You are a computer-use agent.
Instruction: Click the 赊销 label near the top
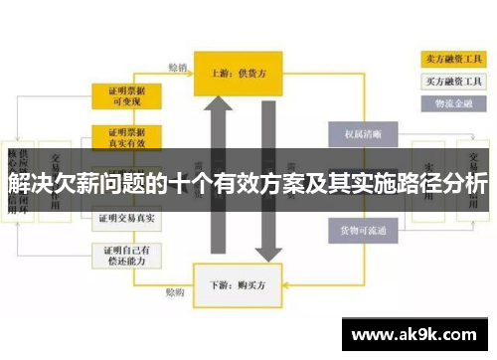(178, 69)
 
